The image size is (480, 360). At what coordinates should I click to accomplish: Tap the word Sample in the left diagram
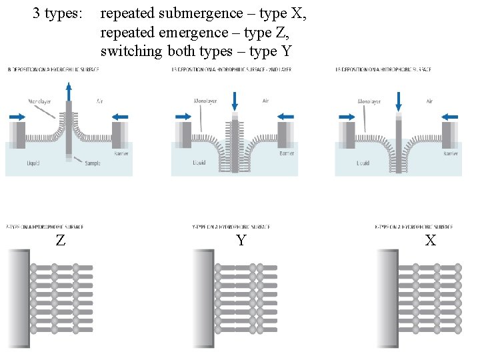[92, 163]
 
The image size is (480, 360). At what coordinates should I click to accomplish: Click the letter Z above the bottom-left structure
[61, 241]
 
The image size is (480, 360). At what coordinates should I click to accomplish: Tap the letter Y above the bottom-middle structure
[241, 241]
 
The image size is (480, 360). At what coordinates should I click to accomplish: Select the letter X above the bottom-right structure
[431, 241]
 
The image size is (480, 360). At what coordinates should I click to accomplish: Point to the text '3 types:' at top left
[59, 13]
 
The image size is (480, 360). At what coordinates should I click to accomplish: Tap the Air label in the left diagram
[100, 101]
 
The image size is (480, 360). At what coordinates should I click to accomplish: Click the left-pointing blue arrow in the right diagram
[450, 115]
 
